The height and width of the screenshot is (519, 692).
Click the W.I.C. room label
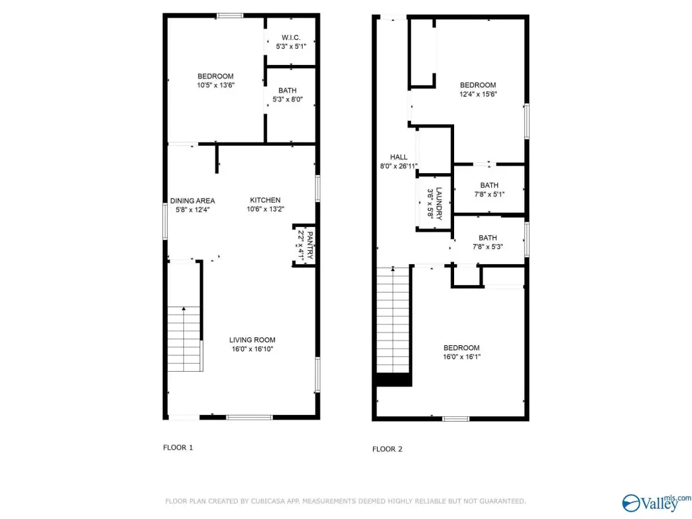click(291, 38)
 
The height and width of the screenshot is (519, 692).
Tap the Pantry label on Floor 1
click(310, 245)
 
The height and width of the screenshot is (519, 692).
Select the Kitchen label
click(265, 200)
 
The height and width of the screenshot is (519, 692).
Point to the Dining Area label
click(193, 201)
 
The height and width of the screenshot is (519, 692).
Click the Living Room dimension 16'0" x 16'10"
click(253, 349)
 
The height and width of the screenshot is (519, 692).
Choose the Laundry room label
click(439, 203)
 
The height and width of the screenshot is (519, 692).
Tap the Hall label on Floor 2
click(399, 157)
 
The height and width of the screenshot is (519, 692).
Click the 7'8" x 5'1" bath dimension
click(489, 194)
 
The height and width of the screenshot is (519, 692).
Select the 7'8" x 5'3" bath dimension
click(488, 247)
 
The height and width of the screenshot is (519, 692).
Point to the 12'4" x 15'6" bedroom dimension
click(478, 94)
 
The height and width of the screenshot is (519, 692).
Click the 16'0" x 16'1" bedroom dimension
click(462, 357)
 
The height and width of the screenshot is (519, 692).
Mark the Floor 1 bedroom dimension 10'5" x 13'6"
click(216, 85)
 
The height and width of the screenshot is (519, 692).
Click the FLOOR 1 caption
click(178, 447)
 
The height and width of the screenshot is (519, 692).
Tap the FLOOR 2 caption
click(387, 449)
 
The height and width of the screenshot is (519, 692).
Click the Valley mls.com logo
click(656, 503)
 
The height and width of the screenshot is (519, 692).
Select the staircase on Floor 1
click(184, 339)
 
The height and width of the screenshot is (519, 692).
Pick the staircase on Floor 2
click(393, 320)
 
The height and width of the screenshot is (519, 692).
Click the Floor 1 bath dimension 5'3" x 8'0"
click(287, 99)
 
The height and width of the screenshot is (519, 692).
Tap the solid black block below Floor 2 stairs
click(393, 380)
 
